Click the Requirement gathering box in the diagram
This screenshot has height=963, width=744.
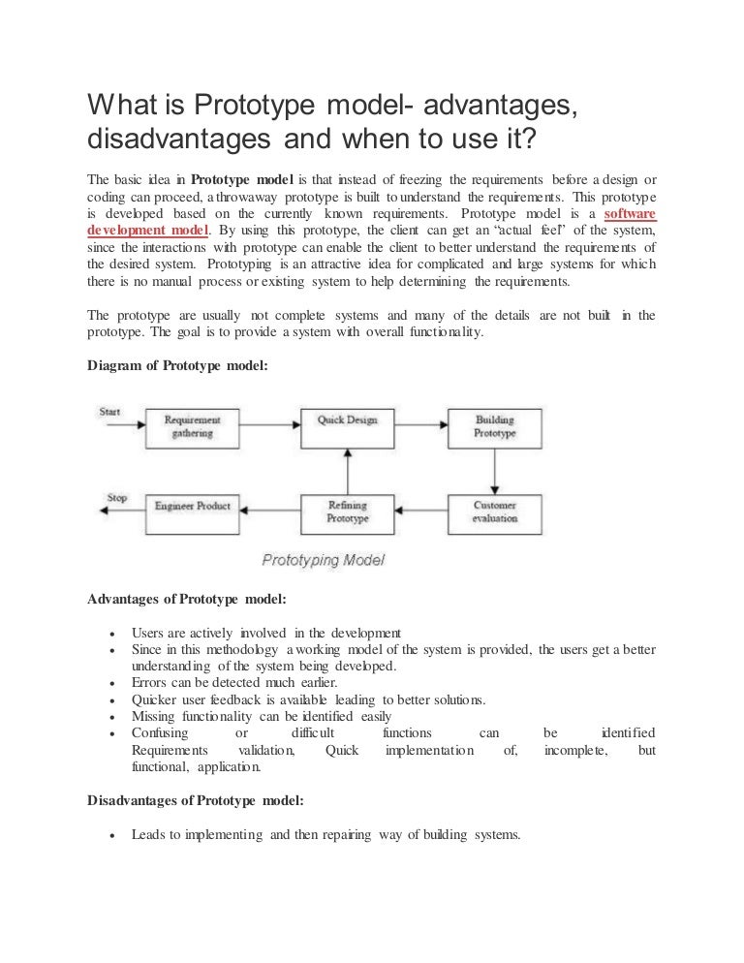(x=192, y=427)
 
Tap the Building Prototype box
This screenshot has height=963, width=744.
(x=494, y=427)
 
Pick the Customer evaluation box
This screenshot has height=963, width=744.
(x=494, y=512)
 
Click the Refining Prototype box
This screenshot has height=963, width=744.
(x=347, y=512)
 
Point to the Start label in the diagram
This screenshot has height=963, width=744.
(x=110, y=412)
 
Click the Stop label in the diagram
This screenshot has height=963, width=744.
(x=116, y=498)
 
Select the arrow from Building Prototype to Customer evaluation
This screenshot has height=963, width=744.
(x=495, y=470)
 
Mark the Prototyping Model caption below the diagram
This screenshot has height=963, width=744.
(x=324, y=560)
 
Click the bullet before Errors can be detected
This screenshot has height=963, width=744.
(x=113, y=683)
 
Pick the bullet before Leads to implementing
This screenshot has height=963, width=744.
(x=113, y=836)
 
